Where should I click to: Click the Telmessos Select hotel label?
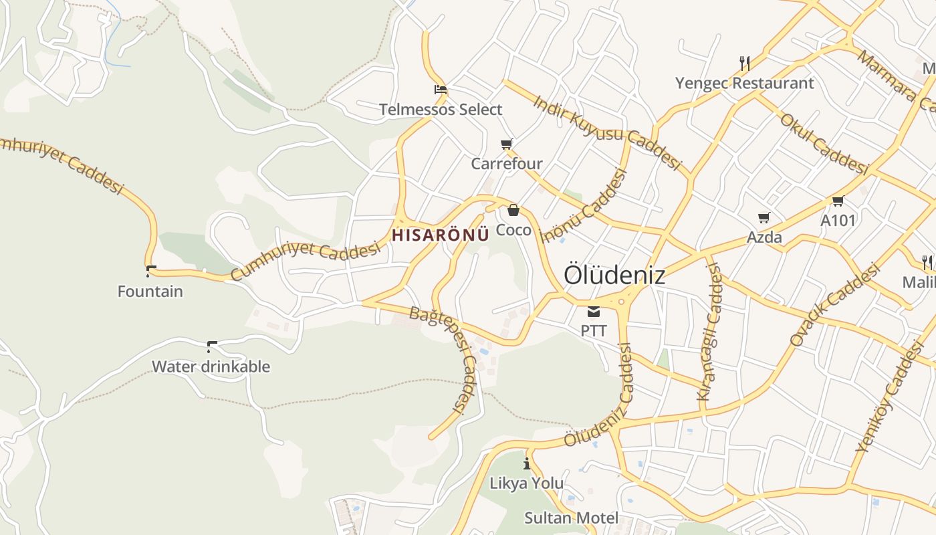pos(441,110)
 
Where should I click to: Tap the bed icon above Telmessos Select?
pos(440,89)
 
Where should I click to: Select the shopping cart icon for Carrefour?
pos(507,144)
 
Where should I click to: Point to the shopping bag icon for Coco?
pos(513,210)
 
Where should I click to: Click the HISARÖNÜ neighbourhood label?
pos(441,235)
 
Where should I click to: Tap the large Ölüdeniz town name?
pos(614,275)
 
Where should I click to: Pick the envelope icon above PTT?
pos(594,311)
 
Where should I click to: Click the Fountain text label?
pos(150,292)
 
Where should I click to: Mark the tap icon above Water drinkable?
pos(212,346)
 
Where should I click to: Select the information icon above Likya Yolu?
pos(527,463)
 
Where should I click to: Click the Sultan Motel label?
pos(571,518)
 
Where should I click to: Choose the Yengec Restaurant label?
pos(744,84)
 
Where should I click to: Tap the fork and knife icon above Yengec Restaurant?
pos(745,64)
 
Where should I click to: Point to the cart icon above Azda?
pos(764,217)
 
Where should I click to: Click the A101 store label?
pos(838,220)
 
